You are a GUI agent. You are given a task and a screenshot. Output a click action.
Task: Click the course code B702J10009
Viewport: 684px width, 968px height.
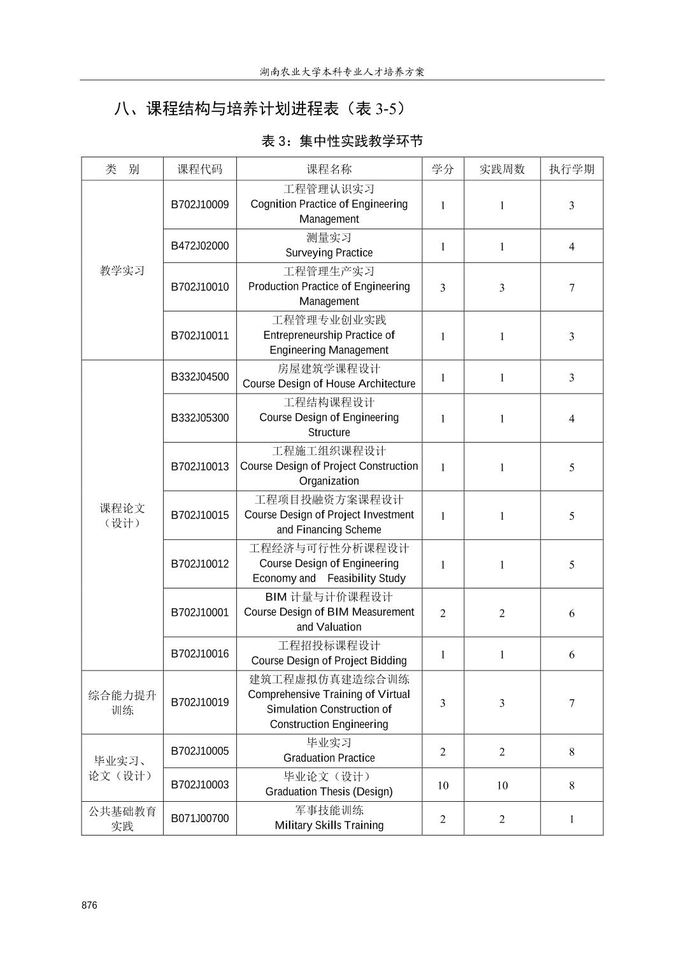[199, 204]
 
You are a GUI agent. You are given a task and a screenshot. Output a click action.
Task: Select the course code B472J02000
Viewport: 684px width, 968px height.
[199, 246]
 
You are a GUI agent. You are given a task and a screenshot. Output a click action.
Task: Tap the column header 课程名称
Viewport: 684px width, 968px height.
[329, 169]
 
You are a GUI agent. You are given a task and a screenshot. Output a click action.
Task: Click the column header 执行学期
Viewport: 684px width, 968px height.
[571, 169]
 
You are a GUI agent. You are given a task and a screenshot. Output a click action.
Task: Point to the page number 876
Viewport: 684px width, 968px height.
[90, 906]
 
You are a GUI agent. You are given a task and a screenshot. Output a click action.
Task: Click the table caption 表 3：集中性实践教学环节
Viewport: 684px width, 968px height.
[342, 141]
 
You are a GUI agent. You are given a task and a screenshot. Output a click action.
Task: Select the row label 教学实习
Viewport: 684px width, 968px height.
[122, 271]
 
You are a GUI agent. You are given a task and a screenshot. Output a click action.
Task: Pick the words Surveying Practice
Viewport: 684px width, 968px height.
[329, 253]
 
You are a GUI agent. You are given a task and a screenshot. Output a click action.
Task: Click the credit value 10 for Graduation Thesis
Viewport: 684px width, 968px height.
[443, 785]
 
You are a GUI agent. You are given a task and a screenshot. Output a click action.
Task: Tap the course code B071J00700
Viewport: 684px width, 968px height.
[199, 818]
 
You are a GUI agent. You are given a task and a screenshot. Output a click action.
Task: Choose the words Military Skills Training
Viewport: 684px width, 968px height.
[329, 825]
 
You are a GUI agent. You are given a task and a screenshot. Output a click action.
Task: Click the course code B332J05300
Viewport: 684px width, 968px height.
[199, 418]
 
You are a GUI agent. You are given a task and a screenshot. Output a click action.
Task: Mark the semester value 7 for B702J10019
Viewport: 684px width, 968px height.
[571, 703]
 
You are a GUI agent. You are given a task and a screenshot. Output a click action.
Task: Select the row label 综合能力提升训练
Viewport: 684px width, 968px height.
[122, 702]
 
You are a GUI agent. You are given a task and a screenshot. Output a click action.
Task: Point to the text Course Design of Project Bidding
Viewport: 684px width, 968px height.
[329, 661]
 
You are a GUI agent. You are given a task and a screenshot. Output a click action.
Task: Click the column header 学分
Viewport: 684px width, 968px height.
[443, 169]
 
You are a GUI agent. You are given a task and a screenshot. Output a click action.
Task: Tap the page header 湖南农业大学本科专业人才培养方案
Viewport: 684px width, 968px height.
[342, 71]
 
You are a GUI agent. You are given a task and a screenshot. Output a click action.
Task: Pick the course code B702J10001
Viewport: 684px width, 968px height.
[199, 613]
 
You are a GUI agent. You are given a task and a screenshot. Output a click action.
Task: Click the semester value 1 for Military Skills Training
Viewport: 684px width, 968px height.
[571, 819]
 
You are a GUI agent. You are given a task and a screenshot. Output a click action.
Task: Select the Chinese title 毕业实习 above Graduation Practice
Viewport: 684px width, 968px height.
[329, 743]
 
